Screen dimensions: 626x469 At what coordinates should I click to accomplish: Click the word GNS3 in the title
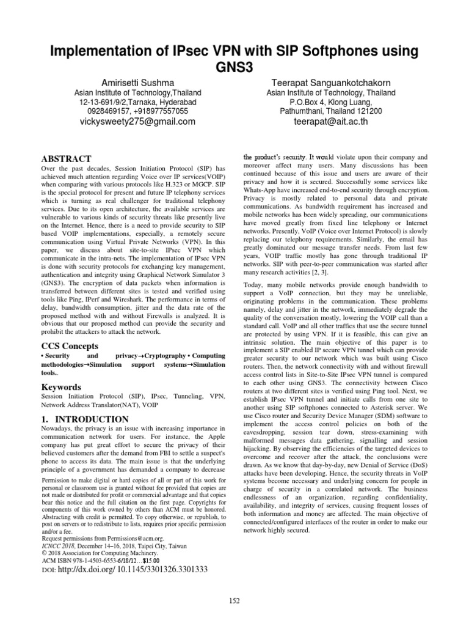pos(234,66)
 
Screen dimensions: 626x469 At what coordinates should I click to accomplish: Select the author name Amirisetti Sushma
pos(138,83)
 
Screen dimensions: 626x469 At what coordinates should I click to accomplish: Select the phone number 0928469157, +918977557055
pos(138,112)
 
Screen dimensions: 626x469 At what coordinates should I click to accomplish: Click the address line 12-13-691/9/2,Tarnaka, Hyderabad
pos(138,102)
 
